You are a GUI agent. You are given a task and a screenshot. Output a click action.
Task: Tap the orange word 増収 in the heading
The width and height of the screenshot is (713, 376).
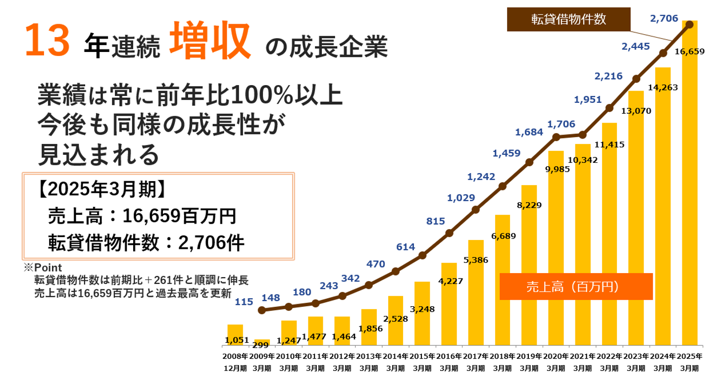210,43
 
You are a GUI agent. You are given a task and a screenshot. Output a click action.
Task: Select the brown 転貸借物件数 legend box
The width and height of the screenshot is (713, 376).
568,20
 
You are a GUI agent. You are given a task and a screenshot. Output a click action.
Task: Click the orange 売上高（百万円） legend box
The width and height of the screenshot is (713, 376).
576,287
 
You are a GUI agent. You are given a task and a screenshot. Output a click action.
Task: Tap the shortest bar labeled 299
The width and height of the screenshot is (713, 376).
262,342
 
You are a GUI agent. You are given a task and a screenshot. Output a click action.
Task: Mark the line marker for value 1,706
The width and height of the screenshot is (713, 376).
556,137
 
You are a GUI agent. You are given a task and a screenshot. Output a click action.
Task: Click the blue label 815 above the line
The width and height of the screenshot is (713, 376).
436,221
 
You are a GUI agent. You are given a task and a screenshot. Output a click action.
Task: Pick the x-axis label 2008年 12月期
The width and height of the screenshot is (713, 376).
235,362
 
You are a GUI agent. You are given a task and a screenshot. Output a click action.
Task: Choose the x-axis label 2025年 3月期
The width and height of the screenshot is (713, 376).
690,362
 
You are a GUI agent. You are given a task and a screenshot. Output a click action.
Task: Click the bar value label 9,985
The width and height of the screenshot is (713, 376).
557,169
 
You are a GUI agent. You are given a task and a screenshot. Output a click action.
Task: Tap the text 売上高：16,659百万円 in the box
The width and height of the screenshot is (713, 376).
142,217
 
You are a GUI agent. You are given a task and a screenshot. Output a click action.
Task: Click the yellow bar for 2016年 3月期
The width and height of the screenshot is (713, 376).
449,304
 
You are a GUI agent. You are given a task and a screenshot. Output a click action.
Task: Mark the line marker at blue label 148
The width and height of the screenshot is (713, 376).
262,310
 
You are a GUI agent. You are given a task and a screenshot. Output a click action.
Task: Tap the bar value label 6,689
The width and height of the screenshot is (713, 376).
504,236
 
